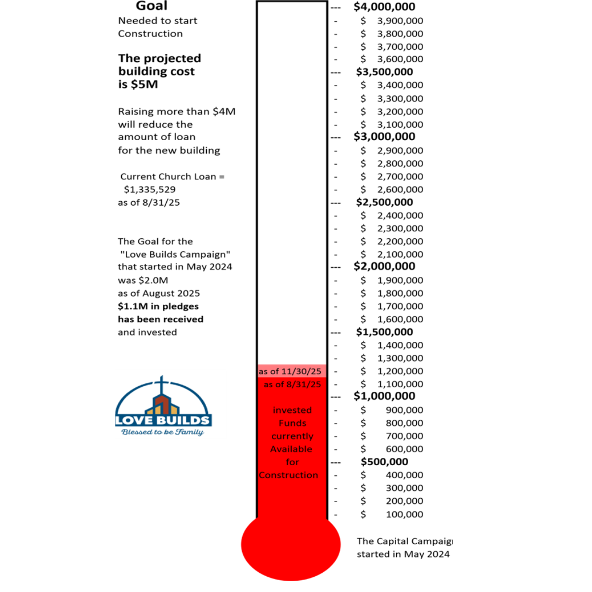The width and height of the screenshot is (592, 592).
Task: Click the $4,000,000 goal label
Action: pyautogui.click(x=384, y=7)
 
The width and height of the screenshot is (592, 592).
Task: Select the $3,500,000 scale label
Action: pyautogui.click(x=384, y=72)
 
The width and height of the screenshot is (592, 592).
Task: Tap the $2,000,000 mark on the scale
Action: pyautogui.click(x=384, y=266)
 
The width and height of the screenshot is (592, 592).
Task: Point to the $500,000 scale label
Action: pyautogui.click(x=384, y=462)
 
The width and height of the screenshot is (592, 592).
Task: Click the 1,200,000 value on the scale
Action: pyautogui.click(x=400, y=371)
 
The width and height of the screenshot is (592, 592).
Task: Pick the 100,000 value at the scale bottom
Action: pyautogui.click(x=404, y=514)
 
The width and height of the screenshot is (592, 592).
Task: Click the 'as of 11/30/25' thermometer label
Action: pyautogui.click(x=290, y=371)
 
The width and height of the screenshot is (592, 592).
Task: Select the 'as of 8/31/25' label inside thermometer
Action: pyautogui.click(x=292, y=384)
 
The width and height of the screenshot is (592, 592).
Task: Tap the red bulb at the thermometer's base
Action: pyautogui.click(x=291, y=545)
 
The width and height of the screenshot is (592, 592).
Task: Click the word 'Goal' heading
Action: pyautogui.click(x=151, y=6)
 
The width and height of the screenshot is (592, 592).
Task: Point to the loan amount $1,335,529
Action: pyautogui.click(x=149, y=189)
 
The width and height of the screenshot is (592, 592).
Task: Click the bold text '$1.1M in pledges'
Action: pyautogui.click(x=158, y=306)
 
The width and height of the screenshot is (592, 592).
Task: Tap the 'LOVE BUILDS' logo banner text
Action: pyautogui.click(x=163, y=421)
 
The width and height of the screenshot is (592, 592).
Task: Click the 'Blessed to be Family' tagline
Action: pyautogui.click(x=162, y=432)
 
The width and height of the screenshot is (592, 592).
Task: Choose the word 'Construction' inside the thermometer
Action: pyautogui.click(x=289, y=475)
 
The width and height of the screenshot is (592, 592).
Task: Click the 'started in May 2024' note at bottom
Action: pyautogui.click(x=403, y=554)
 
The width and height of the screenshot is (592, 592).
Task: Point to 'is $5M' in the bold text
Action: pyautogui.click(x=138, y=84)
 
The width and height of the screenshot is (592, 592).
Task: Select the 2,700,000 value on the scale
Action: pyautogui.click(x=400, y=177)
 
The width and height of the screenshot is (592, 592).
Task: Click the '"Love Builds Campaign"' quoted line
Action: pyautogui.click(x=175, y=255)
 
